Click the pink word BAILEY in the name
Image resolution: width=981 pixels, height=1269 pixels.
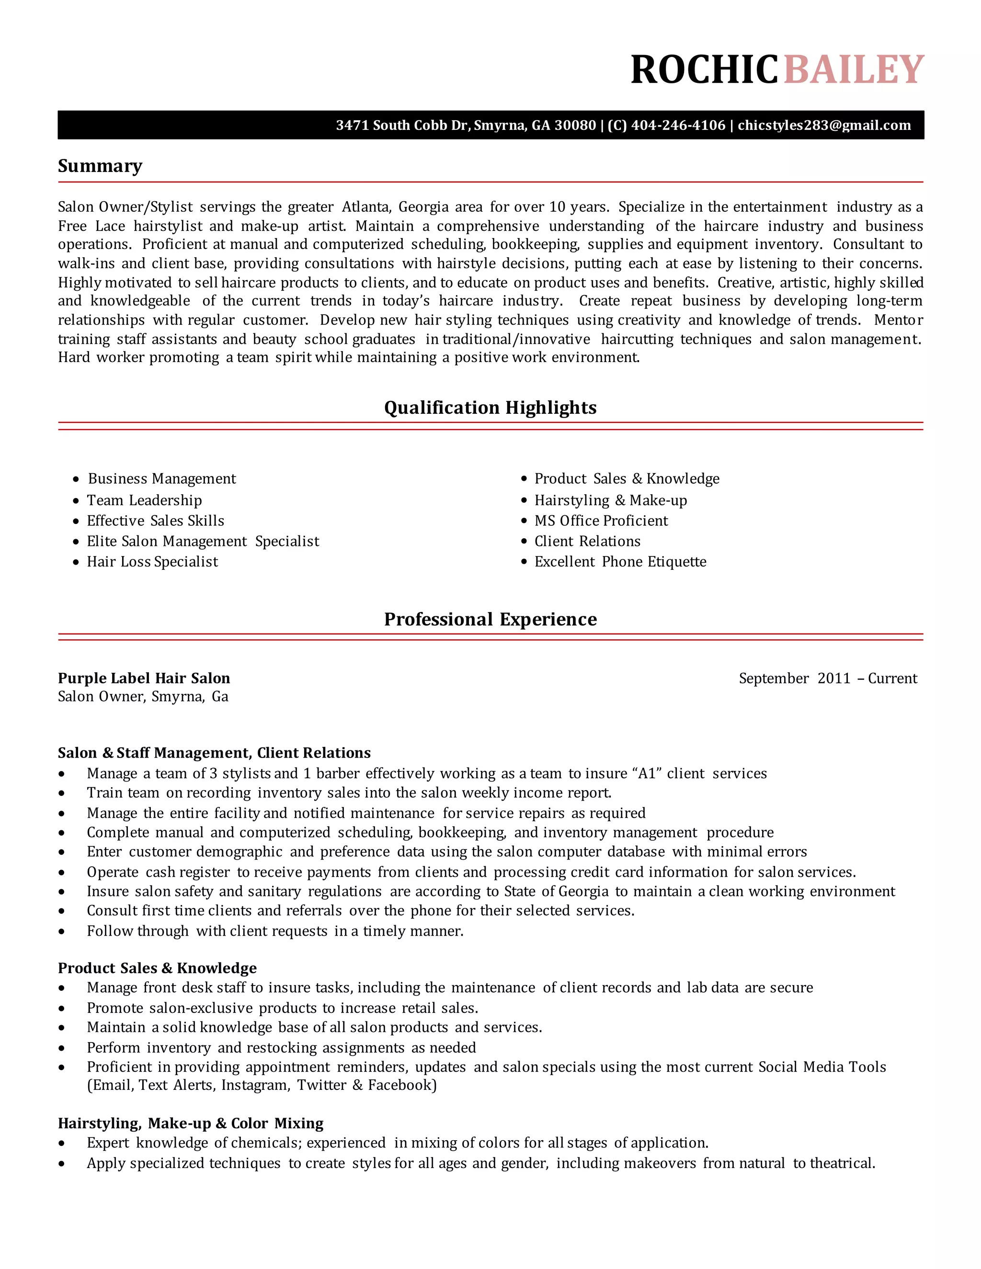(x=854, y=70)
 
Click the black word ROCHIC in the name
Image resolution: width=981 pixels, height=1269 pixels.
(x=704, y=70)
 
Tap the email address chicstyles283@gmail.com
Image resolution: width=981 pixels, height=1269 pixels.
(x=824, y=125)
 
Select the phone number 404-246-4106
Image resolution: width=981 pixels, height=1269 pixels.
(x=678, y=125)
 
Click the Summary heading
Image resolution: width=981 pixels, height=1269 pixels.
(x=100, y=166)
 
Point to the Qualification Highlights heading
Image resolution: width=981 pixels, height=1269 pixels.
(x=490, y=408)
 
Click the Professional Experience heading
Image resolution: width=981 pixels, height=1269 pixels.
(x=490, y=619)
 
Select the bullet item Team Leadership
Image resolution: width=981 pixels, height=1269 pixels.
(x=144, y=500)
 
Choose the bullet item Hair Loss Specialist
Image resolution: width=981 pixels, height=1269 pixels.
(x=152, y=562)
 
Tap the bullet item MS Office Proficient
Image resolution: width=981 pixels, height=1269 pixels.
(x=601, y=521)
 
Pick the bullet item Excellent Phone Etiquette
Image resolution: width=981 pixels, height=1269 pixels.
(x=620, y=562)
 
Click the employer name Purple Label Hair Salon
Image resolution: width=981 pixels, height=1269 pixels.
(x=144, y=678)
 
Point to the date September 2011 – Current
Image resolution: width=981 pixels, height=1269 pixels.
(x=828, y=678)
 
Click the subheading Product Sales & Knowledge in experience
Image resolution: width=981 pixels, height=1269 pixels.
(x=157, y=968)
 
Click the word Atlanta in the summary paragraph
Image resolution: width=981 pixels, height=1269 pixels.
(x=365, y=207)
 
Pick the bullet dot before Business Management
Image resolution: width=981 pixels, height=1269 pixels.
(x=76, y=479)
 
